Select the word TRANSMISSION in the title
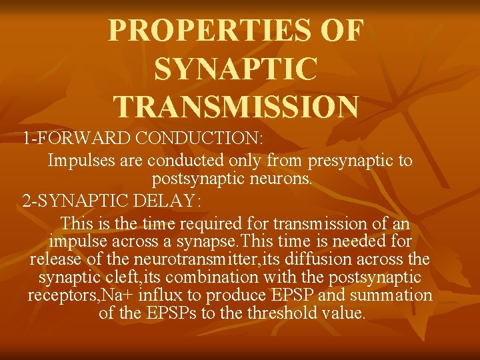coord(237,106)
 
